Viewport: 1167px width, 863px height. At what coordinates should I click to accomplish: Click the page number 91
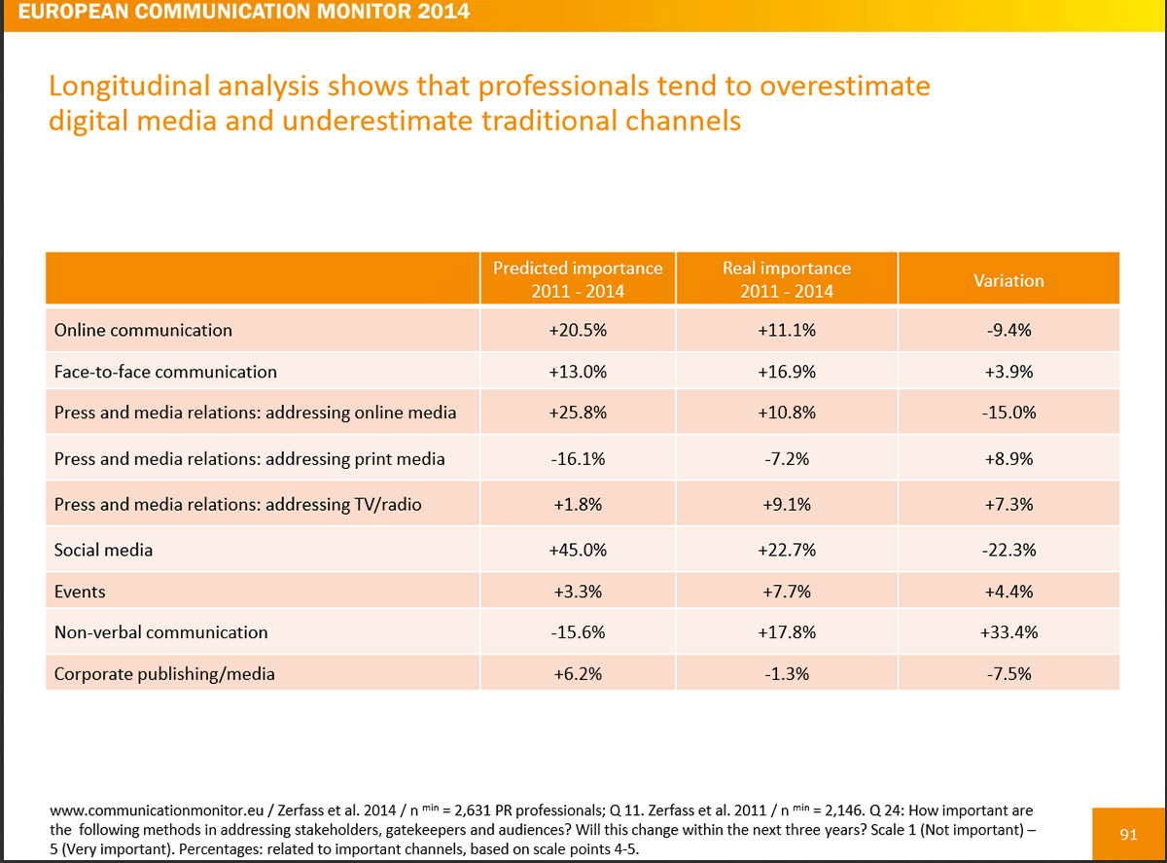1128,834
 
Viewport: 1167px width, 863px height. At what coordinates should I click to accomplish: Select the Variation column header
1008,280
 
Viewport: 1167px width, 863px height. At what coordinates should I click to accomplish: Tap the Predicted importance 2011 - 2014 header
578,279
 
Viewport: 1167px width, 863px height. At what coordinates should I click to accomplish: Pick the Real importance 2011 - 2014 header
786,279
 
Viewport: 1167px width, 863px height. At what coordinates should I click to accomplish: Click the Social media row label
104,550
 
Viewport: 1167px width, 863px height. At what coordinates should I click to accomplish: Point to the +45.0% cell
578,550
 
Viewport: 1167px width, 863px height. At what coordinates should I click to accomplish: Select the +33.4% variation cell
1008,632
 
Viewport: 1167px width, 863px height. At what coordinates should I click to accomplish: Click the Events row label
81,592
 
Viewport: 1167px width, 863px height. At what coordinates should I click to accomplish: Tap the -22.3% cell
1008,550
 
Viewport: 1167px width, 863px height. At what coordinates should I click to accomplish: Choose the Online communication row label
143,330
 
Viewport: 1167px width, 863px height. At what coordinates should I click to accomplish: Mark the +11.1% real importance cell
786,330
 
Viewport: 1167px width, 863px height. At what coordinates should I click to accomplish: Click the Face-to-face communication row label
165,372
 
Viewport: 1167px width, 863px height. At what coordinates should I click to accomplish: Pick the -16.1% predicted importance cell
578,458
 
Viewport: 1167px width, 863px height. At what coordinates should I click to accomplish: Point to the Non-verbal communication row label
160,632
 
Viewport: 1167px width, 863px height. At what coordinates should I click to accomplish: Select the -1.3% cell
786,672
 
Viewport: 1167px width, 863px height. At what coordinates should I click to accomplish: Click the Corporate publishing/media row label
164,672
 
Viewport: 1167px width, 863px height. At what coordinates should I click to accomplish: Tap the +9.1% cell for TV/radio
786,505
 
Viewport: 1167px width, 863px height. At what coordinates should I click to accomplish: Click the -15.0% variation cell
1008,413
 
